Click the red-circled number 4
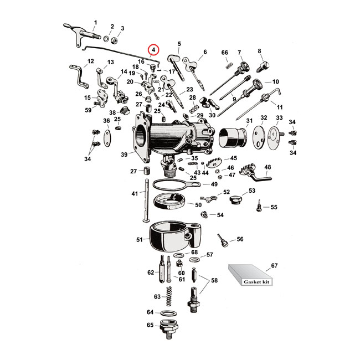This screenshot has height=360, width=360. (153, 49)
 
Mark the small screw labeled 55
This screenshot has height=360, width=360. (258, 209)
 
